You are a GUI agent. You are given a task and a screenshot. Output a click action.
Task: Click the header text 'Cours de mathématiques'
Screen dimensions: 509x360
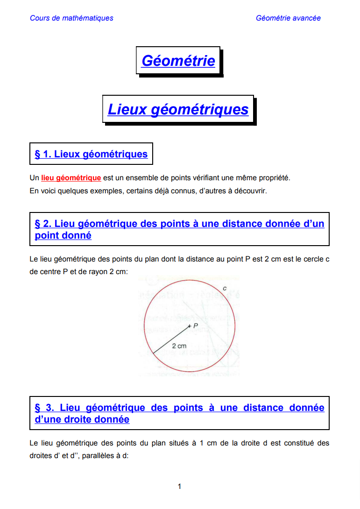coord(71,18)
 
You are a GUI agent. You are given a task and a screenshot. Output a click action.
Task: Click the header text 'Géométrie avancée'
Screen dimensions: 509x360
coord(288,18)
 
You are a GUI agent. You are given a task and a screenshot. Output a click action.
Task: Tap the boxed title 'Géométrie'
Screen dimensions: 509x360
coord(178,61)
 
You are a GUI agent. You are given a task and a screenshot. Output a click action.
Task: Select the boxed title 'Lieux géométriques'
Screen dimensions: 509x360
coord(178,109)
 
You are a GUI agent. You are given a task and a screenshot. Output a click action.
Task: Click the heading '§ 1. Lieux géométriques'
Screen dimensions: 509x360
coord(91,154)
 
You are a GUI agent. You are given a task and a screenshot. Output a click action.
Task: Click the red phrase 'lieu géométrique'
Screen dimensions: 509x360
coord(71,178)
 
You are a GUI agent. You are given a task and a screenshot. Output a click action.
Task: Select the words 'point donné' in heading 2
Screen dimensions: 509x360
coord(63,236)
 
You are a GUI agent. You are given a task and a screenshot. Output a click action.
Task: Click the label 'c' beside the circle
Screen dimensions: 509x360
coord(225,288)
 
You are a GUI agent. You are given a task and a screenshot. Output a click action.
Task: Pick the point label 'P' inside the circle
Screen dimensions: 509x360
coord(196,325)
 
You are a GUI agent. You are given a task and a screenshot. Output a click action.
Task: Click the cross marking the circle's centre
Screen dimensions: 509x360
coord(189,326)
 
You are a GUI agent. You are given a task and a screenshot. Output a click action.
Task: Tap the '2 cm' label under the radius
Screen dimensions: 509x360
coord(178,346)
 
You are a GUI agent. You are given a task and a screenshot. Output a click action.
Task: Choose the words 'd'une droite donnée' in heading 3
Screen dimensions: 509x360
coord(82,420)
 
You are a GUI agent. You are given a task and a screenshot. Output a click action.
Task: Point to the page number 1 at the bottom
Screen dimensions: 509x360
coord(179,487)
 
